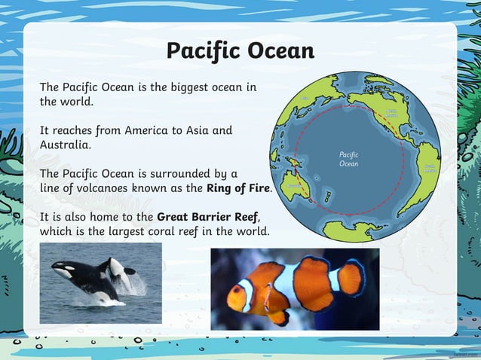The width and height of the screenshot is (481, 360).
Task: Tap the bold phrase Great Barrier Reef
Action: (x=207, y=218)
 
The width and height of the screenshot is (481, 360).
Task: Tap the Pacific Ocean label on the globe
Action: (x=348, y=159)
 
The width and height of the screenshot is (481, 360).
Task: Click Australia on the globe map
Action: (x=296, y=185)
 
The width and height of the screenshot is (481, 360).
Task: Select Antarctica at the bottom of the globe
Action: (x=354, y=230)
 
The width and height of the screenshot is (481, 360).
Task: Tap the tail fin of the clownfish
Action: (x=351, y=278)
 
